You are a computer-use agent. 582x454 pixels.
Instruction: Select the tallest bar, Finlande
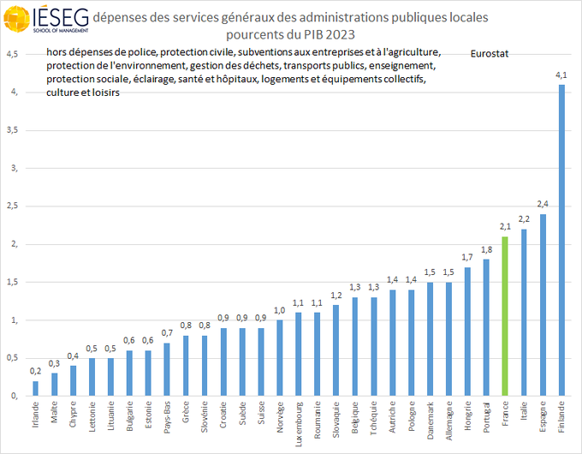[561, 240]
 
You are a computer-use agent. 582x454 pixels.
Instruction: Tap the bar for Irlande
[35, 388]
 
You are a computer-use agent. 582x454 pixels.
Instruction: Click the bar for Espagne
[543, 305]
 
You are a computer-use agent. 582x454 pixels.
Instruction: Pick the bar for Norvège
[280, 358]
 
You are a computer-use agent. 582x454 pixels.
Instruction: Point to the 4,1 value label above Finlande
[561, 75]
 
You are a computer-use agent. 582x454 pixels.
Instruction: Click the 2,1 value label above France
[505, 227]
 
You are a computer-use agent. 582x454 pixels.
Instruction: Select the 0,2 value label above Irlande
[35, 371]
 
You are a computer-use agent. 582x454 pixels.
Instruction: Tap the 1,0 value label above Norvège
[280, 310]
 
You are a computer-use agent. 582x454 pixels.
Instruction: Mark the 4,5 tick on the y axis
[12, 54]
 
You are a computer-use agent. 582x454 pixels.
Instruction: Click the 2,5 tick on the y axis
[12, 206]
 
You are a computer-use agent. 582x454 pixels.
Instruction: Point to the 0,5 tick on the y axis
[12, 358]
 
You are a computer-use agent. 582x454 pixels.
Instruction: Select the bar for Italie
[524, 313]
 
